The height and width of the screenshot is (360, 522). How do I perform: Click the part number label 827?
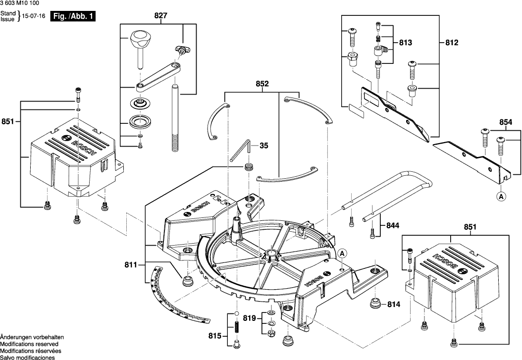click(160, 16)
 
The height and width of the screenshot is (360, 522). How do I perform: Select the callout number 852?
click(262, 84)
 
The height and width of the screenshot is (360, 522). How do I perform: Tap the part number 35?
click(264, 146)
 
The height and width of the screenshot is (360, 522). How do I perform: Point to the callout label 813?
click(405, 44)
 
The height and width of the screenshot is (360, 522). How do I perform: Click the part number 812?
click(452, 44)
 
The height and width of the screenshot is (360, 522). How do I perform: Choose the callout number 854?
click(506, 122)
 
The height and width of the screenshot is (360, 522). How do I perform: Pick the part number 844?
click(391, 226)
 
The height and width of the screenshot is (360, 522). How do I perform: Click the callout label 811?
click(131, 265)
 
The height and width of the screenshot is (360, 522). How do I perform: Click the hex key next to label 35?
click(243, 150)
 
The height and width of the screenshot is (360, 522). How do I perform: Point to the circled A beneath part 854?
click(502, 197)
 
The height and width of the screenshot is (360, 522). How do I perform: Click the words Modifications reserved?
click(29, 344)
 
